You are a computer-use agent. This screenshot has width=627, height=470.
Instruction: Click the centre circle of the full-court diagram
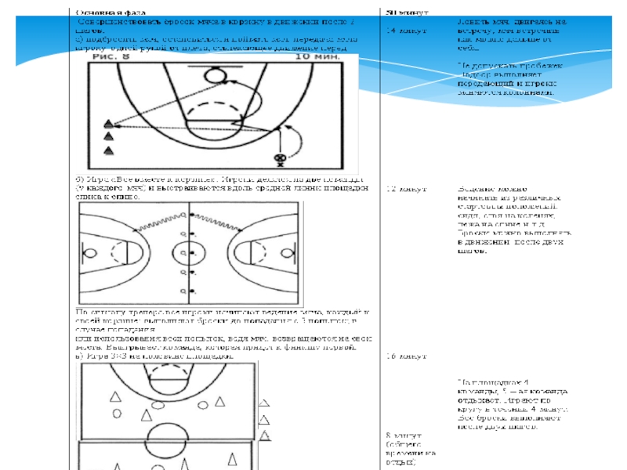189,254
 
